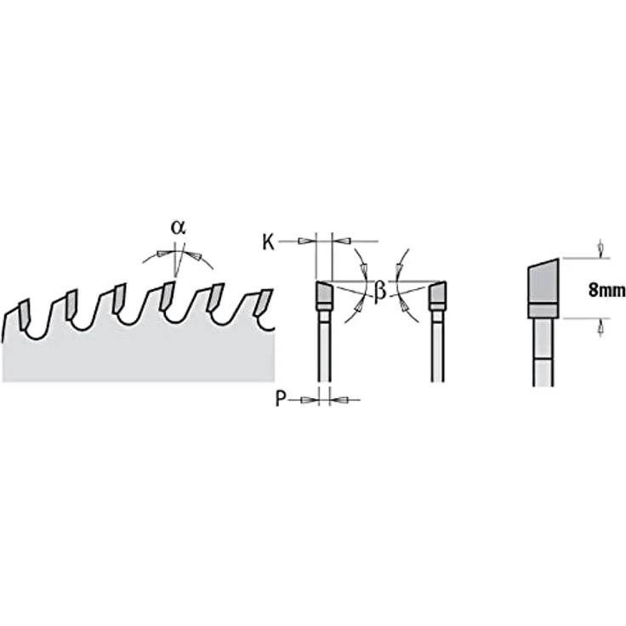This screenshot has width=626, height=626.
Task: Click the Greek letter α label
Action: (178, 227)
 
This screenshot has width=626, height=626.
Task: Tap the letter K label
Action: (268, 242)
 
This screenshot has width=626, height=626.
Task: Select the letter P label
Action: (281, 398)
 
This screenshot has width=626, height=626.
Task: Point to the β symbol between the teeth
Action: (380, 291)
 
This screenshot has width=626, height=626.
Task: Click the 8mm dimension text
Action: (606, 290)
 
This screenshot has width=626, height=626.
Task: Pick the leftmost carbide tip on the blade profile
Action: (23, 314)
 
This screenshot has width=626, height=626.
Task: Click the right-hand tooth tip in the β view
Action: (438, 292)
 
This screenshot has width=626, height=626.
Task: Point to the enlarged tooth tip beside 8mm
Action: (543, 282)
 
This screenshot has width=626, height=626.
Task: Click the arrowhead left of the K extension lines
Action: (305, 242)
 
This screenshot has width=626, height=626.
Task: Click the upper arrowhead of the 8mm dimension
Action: (600, 249)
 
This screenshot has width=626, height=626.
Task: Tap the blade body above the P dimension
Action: (324, 351)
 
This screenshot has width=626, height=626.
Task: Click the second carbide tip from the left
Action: (72, 304)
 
